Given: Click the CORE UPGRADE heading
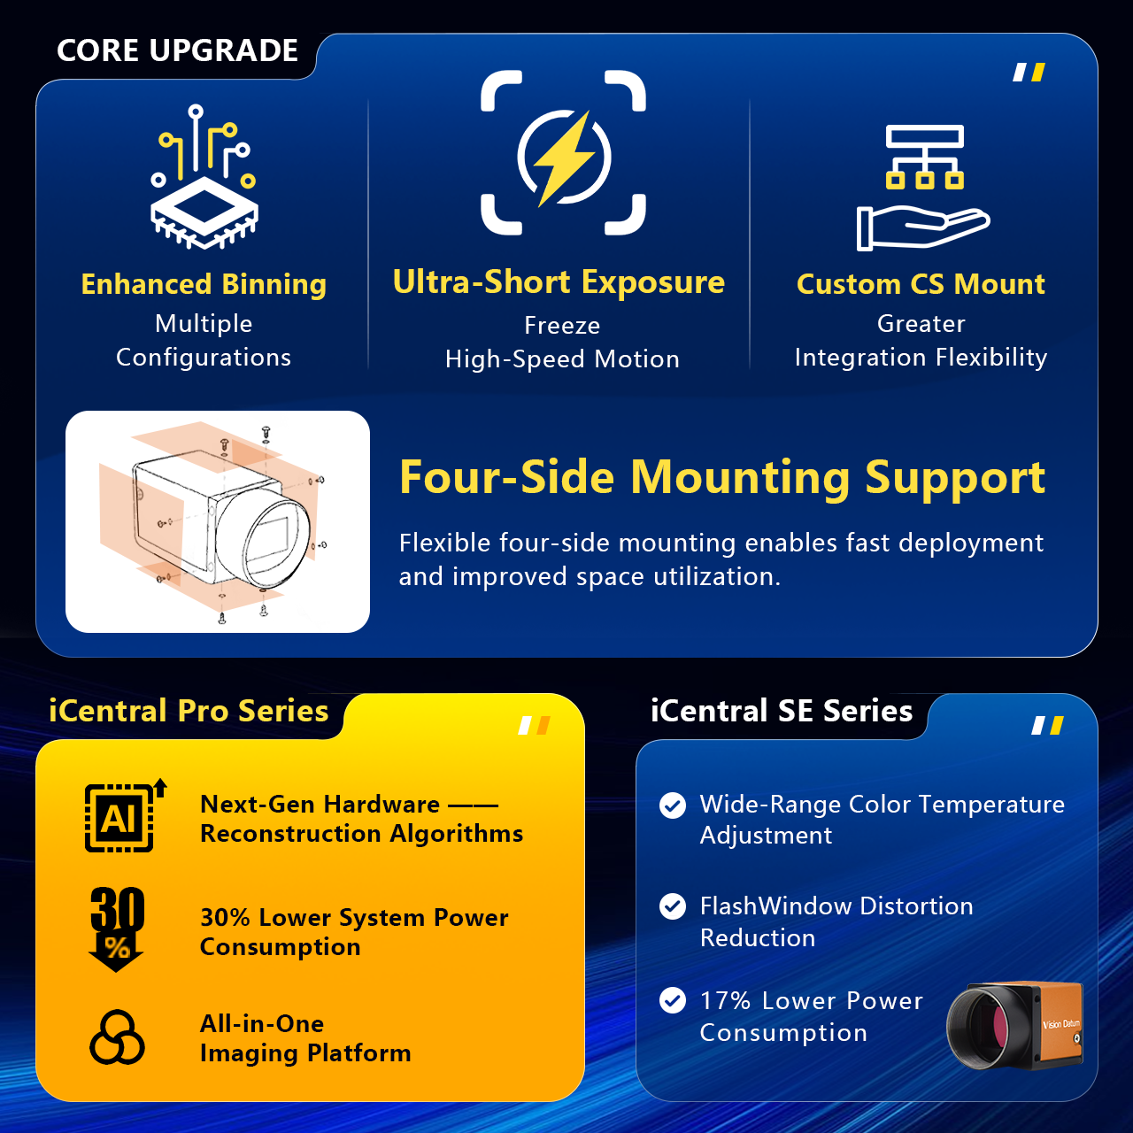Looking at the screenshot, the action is coord(177,50).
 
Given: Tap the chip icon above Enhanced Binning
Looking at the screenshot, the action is coord(204,177).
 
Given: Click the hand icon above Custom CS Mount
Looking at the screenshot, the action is coord(923,227).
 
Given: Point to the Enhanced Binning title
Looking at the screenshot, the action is coord(204,284).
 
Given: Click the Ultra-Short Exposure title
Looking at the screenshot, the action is coord(559,281).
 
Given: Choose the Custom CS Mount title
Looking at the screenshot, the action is coord(921,284).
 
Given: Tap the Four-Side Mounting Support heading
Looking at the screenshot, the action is coord(722,477).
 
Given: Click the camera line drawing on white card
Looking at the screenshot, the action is coord(218,521).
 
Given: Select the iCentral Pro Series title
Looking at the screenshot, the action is coord(189,710).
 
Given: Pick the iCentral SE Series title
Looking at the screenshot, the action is coord(782,710).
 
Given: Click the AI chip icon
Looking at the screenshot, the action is coord(125,815).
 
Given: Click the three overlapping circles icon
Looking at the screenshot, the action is coord(117,1037).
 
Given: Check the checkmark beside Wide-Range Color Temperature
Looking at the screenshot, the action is coord(673,805).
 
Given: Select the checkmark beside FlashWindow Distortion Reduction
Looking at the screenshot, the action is coord(673,906).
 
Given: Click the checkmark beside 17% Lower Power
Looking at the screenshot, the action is coord(673,1000).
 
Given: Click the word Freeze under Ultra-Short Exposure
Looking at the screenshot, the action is coord(562,326).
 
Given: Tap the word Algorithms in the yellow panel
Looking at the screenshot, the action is coord(456,835).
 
